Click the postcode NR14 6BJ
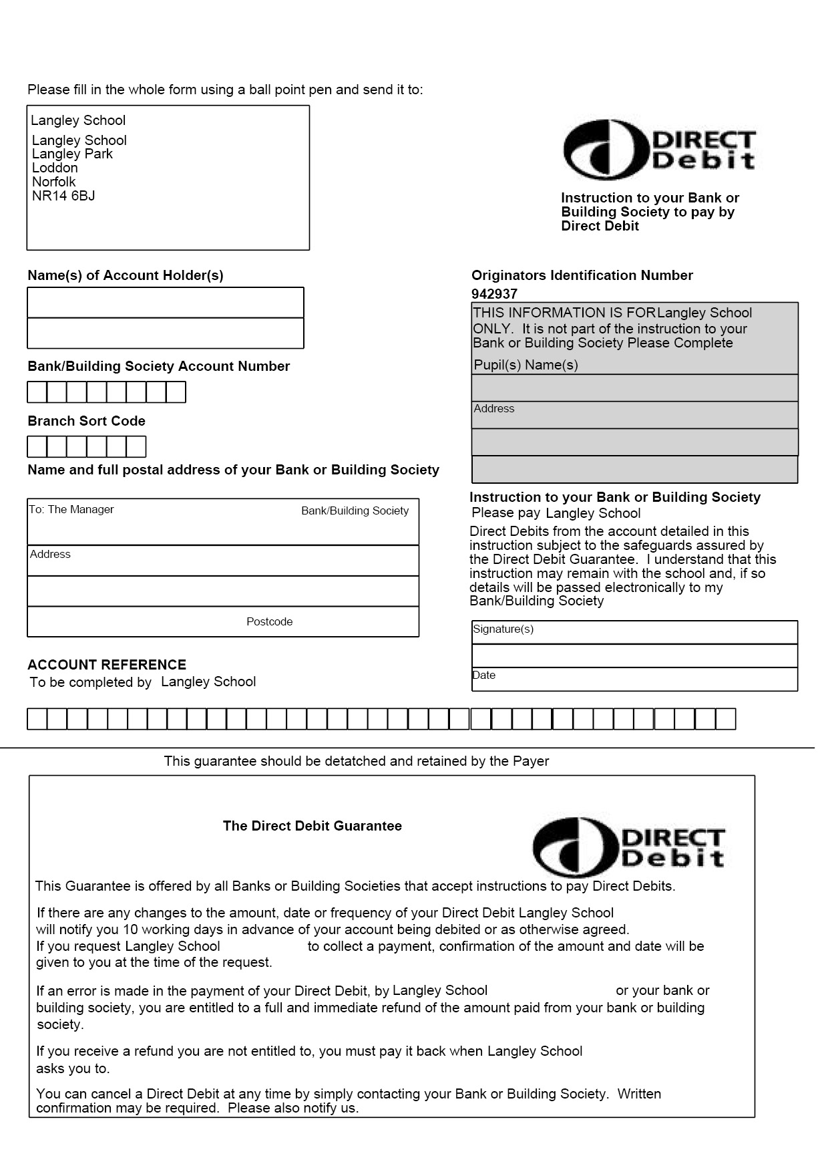tap(63, 196)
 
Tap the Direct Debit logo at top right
tap(659, 150)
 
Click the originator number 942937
tap(494, 294)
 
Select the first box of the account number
tap(37, 392)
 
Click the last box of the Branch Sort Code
tap(136, 446)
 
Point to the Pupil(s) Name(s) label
tap(526, 365)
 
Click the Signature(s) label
tap(503, 629)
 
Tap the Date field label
tap(484, 675)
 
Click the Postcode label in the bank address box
tap(269, 621)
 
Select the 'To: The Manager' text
tap(71, 509)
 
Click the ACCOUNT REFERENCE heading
tap(107, 665)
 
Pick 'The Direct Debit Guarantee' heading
tap(312, 826)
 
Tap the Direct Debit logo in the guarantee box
tap(628, 847)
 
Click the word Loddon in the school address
tap(55, 168)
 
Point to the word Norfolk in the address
tap(54, 182)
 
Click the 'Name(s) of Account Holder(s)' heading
tap(126, 275)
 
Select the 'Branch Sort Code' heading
tap(86, 421)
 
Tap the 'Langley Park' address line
tap(72, 154)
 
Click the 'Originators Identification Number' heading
tap(582, 275)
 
